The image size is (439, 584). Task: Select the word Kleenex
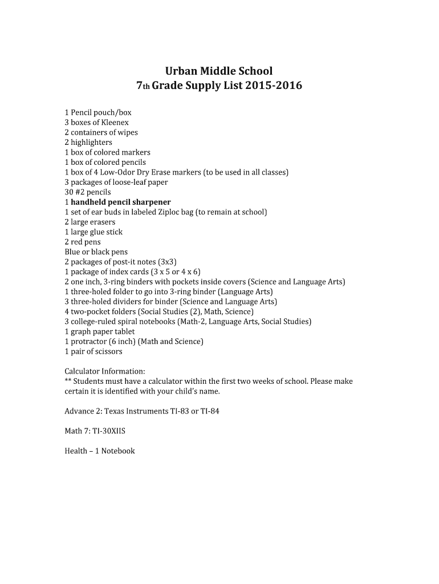(x=115, y=122)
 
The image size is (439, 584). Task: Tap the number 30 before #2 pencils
(x=69, y=192)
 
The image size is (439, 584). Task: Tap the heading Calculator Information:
(x=104, y=371)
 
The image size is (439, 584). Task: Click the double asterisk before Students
(x=68, y=380)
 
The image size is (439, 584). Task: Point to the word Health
(x=76, y=451)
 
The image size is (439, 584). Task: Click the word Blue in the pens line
(x=72, y=252)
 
